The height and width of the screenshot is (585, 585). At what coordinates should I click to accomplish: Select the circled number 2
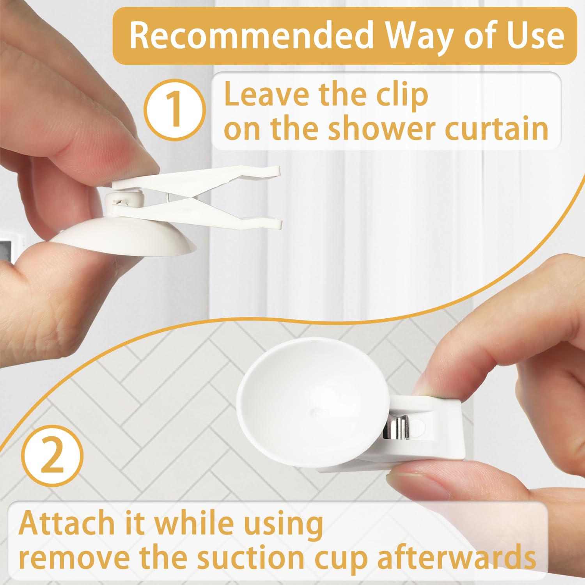(x=53, y=456)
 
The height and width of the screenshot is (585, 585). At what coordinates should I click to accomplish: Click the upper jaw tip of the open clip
(x=273, y=170)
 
